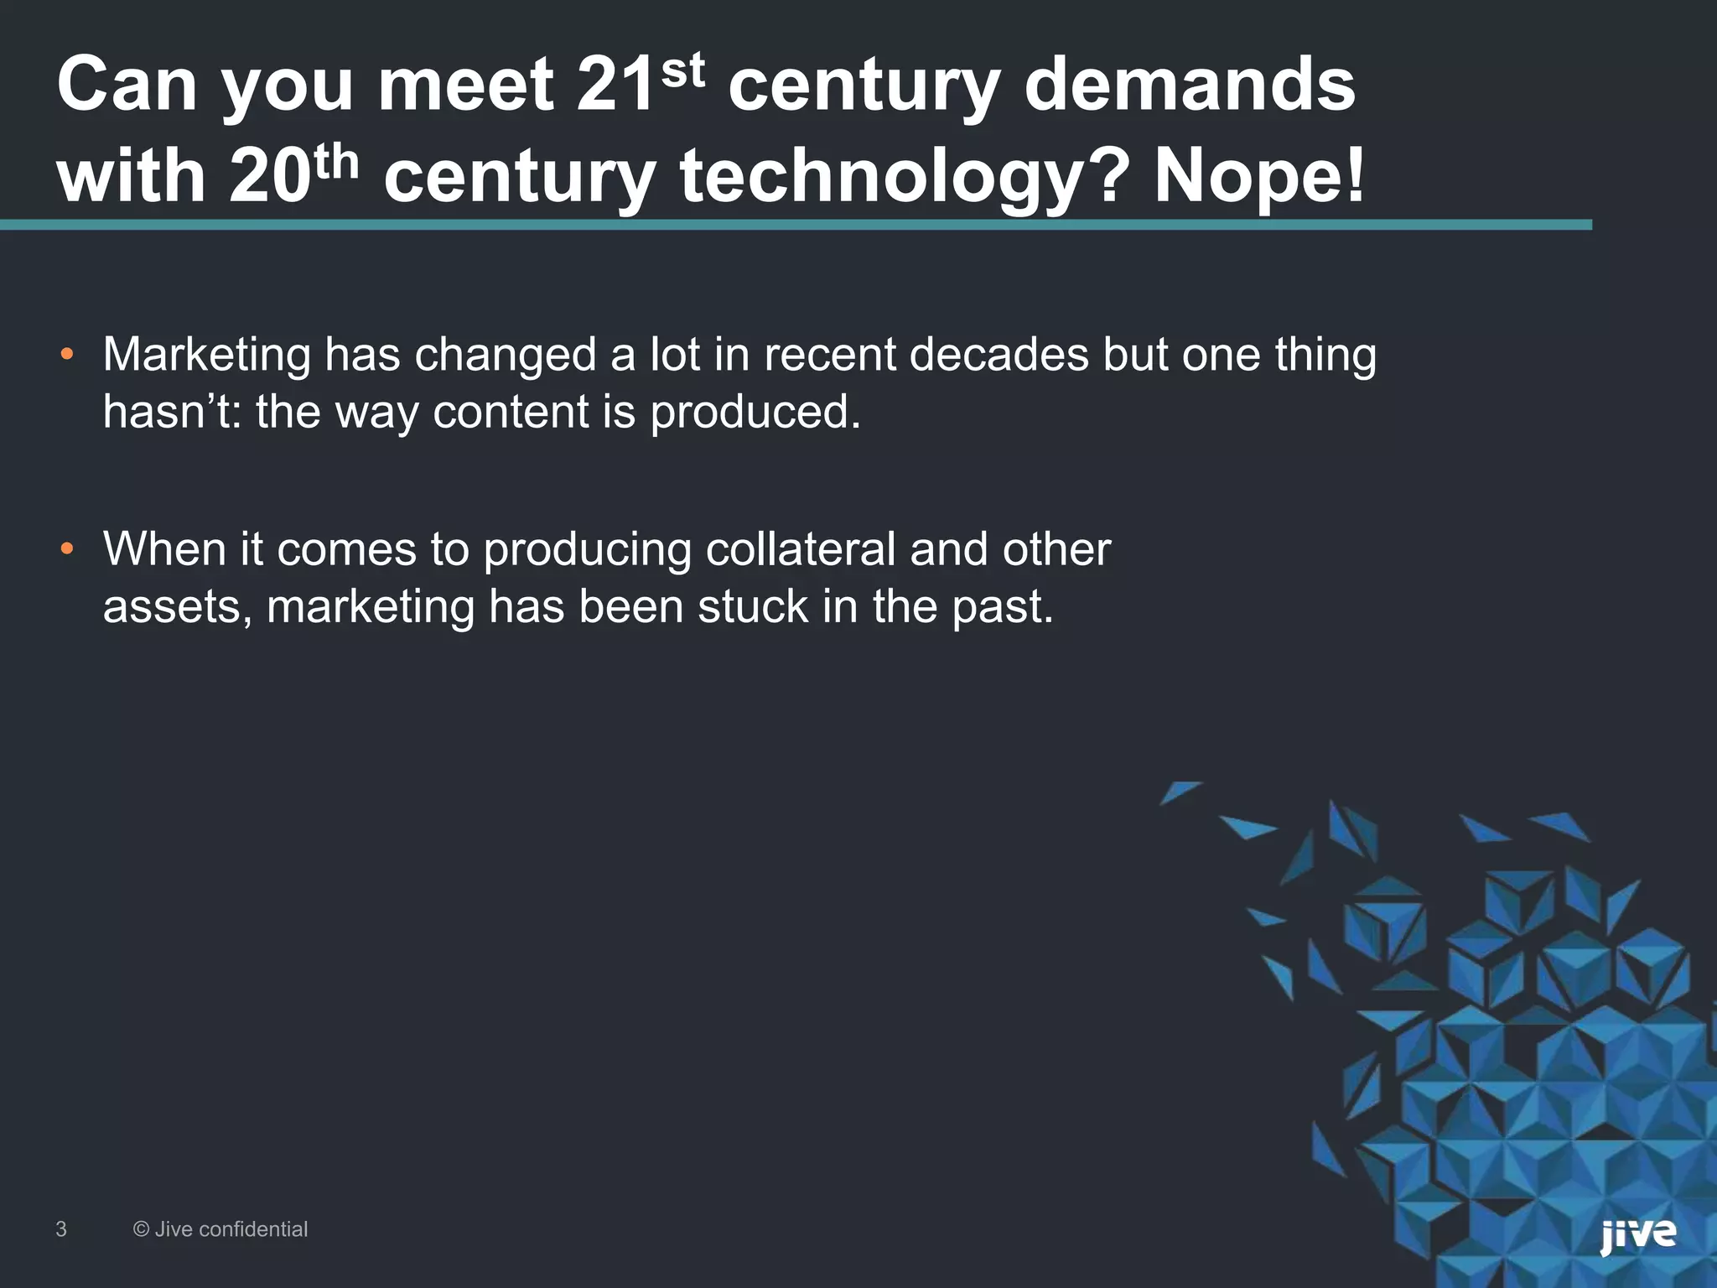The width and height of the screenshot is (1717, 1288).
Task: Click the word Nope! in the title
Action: pos(1259,176)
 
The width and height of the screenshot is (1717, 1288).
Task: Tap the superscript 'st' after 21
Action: pos(682,72)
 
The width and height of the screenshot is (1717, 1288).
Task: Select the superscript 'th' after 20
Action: pos(335,163)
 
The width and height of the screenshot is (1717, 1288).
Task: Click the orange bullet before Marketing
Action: pos(67,355)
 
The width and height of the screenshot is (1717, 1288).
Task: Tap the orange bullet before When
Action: pos(67,550)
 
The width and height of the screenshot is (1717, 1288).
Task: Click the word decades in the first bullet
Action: pos(999,355)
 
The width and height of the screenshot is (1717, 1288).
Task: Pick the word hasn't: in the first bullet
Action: pos(173,413)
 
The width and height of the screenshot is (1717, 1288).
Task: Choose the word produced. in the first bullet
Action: pos(755,413)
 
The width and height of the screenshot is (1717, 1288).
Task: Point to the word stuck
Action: pos(752,606)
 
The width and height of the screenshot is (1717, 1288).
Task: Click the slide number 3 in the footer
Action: pos(61,1229)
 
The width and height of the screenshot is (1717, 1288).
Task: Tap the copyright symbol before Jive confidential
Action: pos(142,1229)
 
